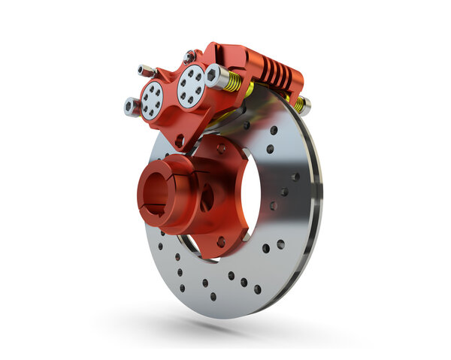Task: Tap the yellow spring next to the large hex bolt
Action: click(x=232, y=82)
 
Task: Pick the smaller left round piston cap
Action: click(x=153, y=98)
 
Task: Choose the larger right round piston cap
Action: click(x=190, y=84)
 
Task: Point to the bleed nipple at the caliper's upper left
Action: click(x=146, y=71)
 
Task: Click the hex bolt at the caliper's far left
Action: click(x=131, y=107)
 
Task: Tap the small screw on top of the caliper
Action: click(x=189, y=56)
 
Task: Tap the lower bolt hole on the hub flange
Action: click(x=220, y=241)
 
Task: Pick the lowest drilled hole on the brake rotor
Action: click(x=213, y=296)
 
